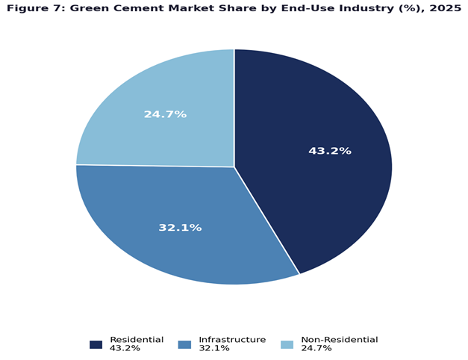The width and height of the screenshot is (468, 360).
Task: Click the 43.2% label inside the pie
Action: point(329,151)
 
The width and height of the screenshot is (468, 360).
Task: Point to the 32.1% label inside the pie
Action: point(180,227)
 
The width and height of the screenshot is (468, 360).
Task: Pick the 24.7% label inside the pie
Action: point(165,114)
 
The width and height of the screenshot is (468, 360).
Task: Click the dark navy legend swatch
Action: point(96,344)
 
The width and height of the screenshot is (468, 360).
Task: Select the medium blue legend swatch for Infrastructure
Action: point(184,344)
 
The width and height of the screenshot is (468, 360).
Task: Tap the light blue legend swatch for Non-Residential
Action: point(287,344)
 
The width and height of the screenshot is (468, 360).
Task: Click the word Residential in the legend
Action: point(136,340)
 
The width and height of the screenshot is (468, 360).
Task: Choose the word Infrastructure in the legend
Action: point(232,340)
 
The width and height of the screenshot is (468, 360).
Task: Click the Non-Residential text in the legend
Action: point(339,340)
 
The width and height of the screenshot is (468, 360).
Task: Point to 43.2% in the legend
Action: point(124,349)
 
